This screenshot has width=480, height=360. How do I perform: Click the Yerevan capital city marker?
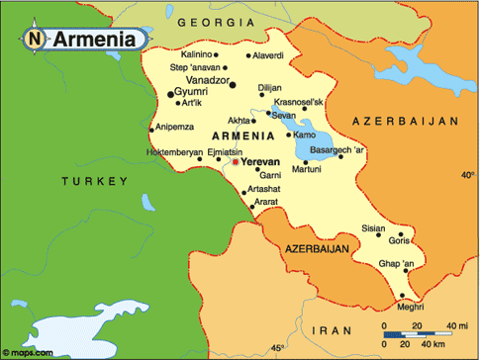coord(235,161)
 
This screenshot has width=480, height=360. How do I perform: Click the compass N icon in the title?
coord(36,40)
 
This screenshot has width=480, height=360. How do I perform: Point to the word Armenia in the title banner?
coord(94,40)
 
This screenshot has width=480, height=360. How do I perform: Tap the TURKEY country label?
coord(94,181)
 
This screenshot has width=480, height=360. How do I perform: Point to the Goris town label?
coord(400,240)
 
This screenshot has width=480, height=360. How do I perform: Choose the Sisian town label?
coord(373,227)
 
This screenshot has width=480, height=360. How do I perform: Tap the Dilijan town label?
coord(269,87)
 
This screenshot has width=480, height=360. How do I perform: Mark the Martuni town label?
coord(305,169)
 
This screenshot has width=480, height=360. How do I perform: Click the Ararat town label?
coord(265,202)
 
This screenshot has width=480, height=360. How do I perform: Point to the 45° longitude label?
coord(278,348)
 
